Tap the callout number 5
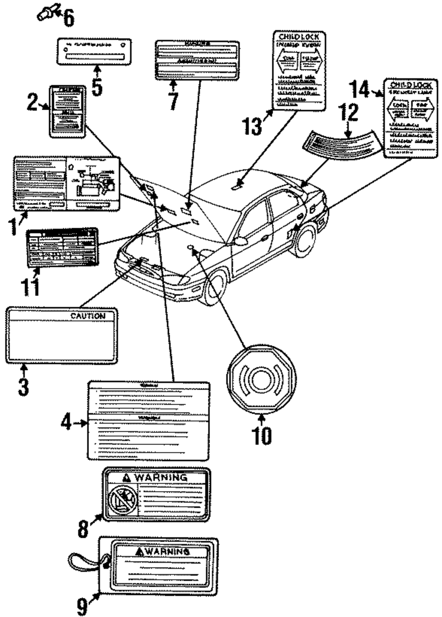[x=97, y=87]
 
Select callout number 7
[x=173, y=101]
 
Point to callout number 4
[x=66, y=423]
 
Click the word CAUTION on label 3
[x=88, y=316]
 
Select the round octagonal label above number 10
[x=261, y=379]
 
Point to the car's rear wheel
[x=303, y=240]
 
